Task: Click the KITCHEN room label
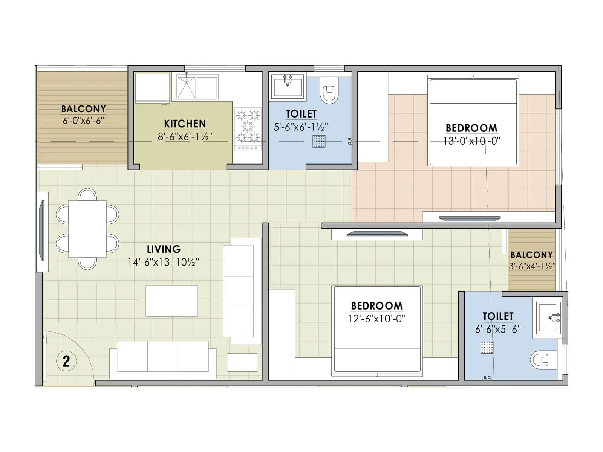click(x=185, y=124)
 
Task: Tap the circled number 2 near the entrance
click(x=66, y=361)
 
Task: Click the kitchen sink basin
click(x=186, y=87)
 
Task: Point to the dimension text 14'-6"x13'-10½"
click(x=163, y=262)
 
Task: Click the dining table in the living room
click(x=87, y=229)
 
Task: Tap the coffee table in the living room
click(x=172, y=301)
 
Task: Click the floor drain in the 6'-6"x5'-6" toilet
click(x=487, y=347)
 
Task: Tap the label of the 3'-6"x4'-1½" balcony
click(x=531, y=255)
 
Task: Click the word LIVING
click(x=164, y=249)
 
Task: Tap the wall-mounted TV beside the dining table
click(x=42, y=231)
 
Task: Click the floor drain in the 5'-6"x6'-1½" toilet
click(x=319, y=141)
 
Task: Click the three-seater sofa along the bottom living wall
click(x=163, y=357)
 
